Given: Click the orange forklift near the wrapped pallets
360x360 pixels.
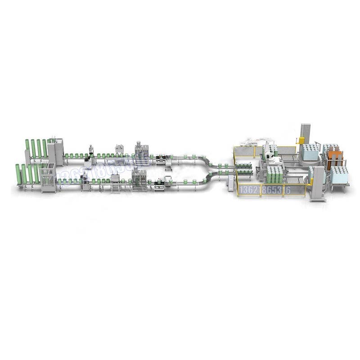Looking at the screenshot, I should [335, 158].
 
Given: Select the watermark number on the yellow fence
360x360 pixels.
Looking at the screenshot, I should [261, 189].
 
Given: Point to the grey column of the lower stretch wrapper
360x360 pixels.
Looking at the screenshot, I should [318, 183].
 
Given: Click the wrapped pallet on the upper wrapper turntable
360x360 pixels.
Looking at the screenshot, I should [310, 152].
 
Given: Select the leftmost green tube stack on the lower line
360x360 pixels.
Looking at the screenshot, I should [18, 174].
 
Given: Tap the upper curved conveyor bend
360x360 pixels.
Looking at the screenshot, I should [205, 162].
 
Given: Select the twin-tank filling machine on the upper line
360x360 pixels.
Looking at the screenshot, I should [141, 151].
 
